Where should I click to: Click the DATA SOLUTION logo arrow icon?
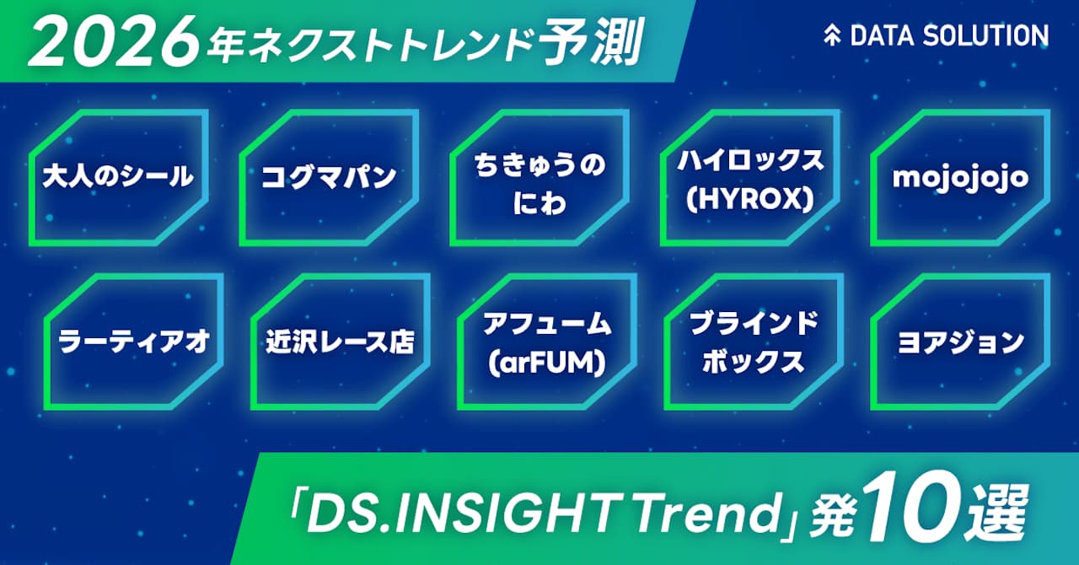pos(833,35)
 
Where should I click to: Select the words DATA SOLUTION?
pos(949,35)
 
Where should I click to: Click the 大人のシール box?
pos(118,177)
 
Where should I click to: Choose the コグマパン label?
pos(329,177)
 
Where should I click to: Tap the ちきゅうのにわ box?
pos(539,177)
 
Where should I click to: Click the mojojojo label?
pos(960,177)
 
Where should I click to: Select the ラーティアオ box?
pos(134,342)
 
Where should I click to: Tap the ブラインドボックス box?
pos(754,342)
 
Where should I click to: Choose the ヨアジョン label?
pos(960,342)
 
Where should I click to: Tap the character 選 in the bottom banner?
pos(1003,508)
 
